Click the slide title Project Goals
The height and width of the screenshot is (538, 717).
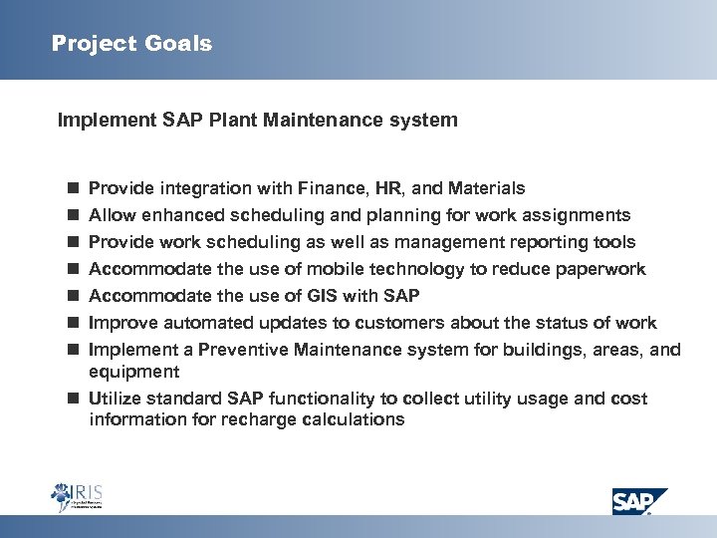pos(131,44)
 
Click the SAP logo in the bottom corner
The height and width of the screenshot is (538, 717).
pos(638,500)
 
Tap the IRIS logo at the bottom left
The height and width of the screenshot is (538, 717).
pos(77,497)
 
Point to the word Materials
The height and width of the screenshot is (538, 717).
pos(487,188)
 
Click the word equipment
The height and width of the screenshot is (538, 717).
pos(134,372)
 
